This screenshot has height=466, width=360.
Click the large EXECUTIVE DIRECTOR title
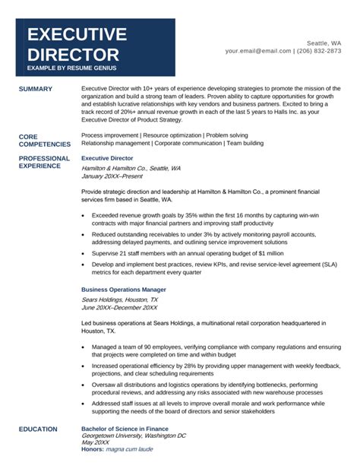(x=77, y=44)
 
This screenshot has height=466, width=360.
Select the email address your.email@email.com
(x=258, y=51)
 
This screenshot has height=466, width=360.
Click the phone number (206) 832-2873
(x=320, y=51)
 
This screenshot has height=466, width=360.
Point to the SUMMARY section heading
(x=36, y=89)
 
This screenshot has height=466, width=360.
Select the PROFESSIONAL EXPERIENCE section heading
(x=44, y=162)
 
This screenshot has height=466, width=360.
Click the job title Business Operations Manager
(x=123, y=290)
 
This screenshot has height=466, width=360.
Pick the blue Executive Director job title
(x=106, y=158)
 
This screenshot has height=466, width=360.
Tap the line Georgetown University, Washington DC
(x=133, y=436)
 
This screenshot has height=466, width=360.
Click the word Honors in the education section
(x=92, y=449)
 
